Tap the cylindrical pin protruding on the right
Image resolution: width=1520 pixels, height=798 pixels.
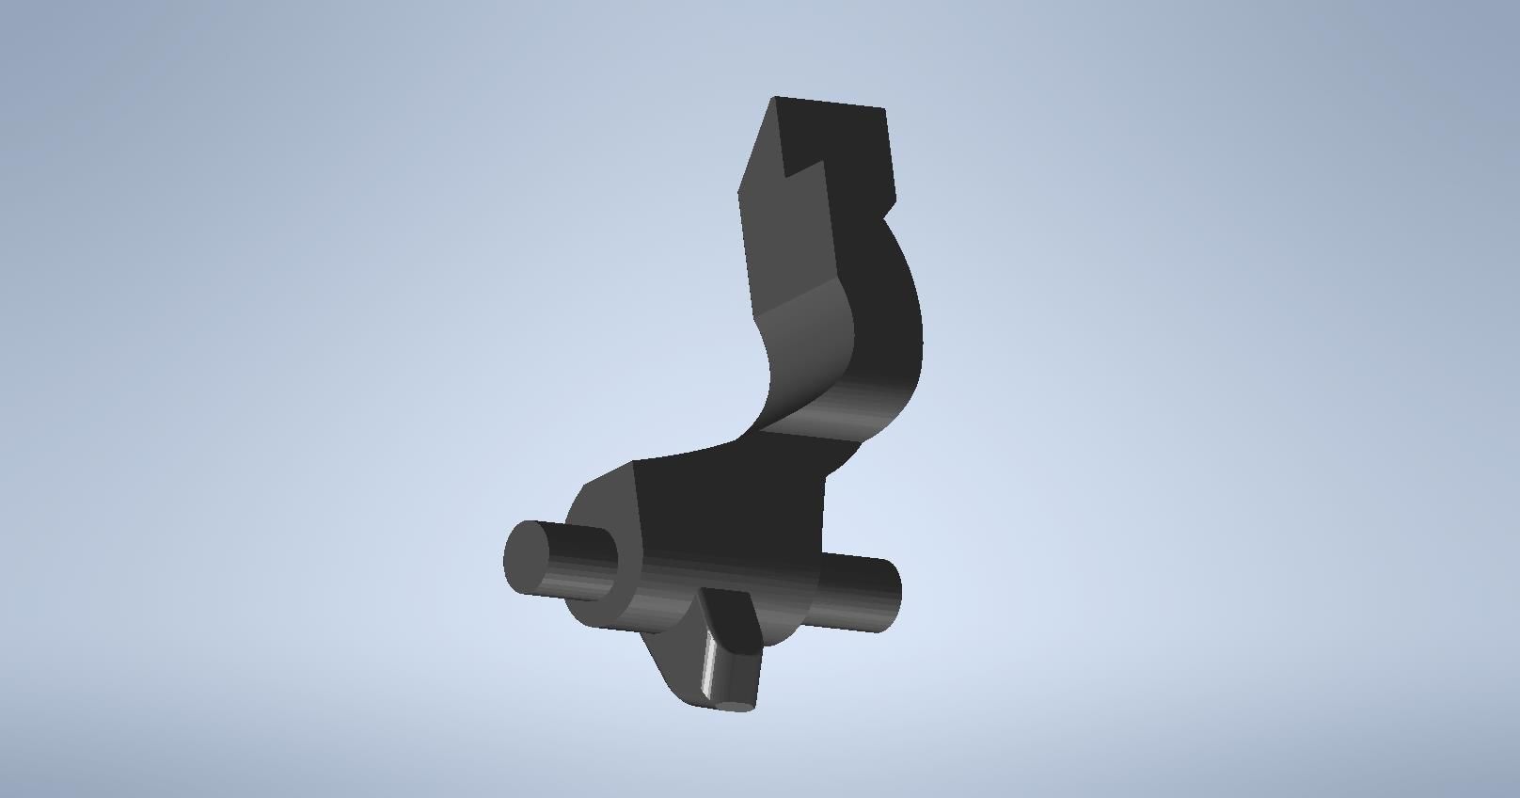click(x=861, y=593)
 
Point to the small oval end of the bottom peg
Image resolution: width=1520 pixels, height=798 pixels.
click(x=735, y=705)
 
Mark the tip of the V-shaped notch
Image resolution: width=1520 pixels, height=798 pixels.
click(x=787, y=176)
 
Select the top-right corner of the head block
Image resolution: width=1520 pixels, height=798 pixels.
click(x=885, y=109)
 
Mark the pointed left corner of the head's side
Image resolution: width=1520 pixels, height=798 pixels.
click(x=739, y=193)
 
